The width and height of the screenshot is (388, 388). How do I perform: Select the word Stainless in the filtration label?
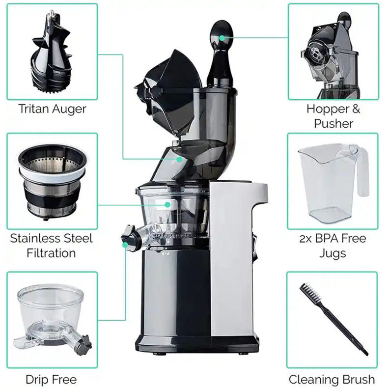pos(35,238)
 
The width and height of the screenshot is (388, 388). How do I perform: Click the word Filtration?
pos(51,253)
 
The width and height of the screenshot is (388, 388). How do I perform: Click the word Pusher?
pos(333,123)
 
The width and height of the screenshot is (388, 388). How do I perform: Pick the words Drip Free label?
pos(51,379)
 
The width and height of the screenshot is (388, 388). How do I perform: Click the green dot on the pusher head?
pos(222,38)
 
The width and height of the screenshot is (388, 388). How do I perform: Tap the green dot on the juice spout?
pos(125,245)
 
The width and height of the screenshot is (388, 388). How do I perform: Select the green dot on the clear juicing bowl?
pos(167,205)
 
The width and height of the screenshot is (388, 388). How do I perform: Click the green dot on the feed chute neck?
pos(179,159)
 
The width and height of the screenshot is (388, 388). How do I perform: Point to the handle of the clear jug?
pos(362,171)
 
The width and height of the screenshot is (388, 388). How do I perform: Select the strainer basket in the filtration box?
pos(52,182)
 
